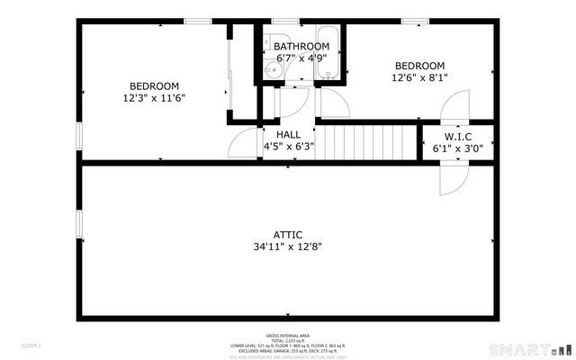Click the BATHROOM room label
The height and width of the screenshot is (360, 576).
[301, 46]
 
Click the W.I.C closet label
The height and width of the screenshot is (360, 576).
[458, 137]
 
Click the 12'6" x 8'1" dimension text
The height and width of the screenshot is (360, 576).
[419, 77]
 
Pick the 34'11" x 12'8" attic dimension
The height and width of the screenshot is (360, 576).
[288, 245]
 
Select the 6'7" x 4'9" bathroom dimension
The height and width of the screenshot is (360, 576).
[301, 58]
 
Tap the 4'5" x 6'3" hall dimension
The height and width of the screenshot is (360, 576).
[288, 146]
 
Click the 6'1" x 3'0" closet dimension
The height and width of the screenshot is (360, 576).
[458, 148]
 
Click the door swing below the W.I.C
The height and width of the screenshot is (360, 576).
[450, 178]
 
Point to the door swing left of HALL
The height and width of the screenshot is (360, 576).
[243, 144]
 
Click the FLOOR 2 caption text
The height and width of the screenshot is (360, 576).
[32, 345]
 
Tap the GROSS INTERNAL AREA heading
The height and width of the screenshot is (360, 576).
[288, 334]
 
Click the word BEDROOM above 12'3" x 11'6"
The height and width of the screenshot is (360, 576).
[154, 86]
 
